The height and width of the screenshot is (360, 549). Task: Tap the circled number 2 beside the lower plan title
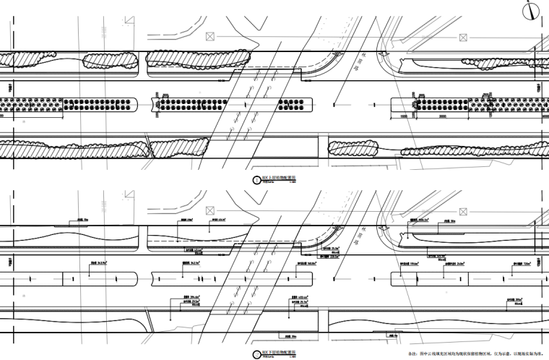(254, 354)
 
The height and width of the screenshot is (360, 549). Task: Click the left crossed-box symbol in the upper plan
(210, 35)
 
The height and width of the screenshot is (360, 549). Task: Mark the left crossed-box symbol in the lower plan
(210, 210)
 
